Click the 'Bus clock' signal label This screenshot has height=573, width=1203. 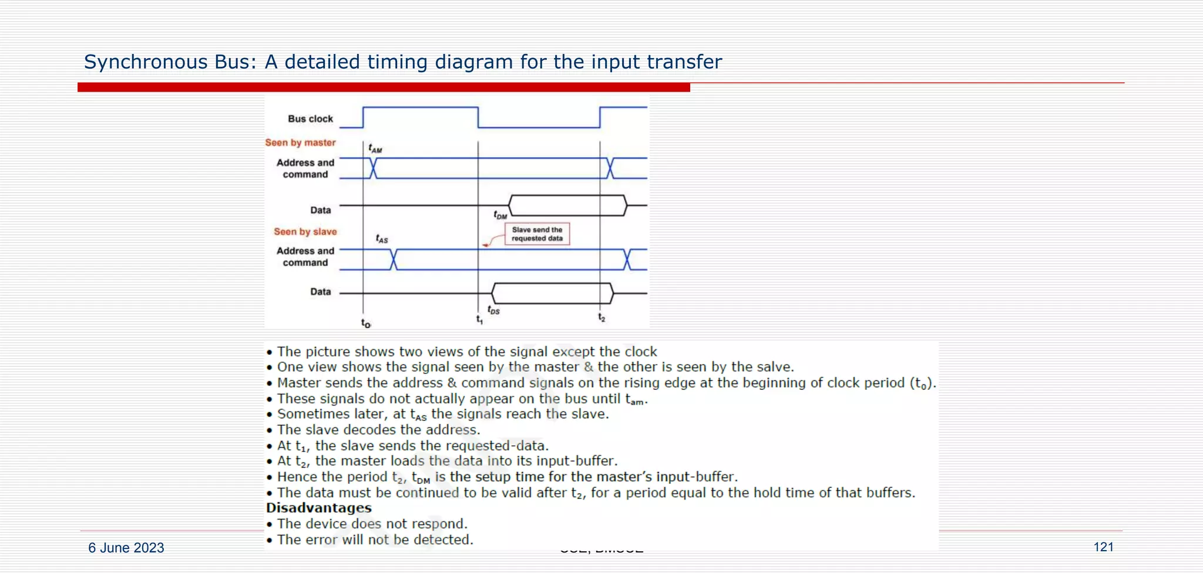tap(310, 119)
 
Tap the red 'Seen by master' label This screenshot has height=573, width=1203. tap(300, 143)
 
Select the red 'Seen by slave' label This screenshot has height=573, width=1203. tap(305, 232)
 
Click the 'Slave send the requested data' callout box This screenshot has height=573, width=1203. tap(537, 234)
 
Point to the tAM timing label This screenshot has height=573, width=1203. tap(375, 149)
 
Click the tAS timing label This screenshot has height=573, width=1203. tap(382, 238)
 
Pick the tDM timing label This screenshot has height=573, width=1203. tap(500, 215)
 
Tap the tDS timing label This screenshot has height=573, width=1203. tap(493, 310)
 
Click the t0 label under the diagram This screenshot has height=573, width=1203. tap(365, 323)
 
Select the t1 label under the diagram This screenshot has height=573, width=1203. tap(479, 319)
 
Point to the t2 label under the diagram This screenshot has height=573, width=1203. tap(601, 318)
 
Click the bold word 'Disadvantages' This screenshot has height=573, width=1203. tap(318, 508)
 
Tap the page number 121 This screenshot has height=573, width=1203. tap(1103, 547)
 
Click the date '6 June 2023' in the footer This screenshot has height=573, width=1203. tap(126, 548)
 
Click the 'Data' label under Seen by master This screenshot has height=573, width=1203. tap(320, 210)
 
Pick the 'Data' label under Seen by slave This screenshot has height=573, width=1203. tap(320, 292)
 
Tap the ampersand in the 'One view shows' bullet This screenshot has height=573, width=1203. tap(589, 367)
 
